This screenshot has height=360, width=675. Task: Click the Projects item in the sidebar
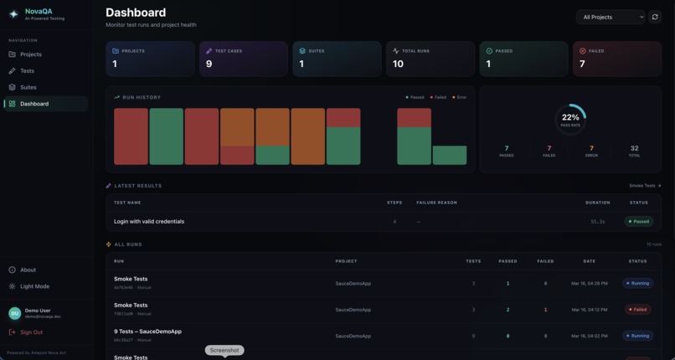coord(30,54)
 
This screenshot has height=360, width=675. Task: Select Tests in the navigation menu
coord(27,71)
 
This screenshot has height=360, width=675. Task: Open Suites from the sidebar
coord(28,87)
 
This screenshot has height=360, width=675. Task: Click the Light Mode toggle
coord(34,286)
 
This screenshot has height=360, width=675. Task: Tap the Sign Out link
coord(31,332)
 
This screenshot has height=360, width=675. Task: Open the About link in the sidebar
coord(28,270)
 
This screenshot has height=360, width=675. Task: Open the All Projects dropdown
coord(611,17)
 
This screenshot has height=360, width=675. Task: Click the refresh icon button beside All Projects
coord(655,17)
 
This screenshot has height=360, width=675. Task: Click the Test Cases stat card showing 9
coord(243,59)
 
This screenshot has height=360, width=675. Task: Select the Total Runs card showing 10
coord(430,59)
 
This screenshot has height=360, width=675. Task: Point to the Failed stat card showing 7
coord(616,59)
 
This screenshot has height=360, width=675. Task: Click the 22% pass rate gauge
coord(570,118)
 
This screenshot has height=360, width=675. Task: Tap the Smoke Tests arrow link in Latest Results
coord(645,186)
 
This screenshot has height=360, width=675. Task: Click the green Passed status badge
coord(639,222)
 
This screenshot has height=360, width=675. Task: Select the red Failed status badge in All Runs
coord(638,310)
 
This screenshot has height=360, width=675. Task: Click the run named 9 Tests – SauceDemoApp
coord(147,332)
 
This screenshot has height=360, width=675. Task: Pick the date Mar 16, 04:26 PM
coord(590,284)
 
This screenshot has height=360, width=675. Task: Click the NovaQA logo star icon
coord(13,14)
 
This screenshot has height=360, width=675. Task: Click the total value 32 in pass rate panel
coord(634,148)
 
